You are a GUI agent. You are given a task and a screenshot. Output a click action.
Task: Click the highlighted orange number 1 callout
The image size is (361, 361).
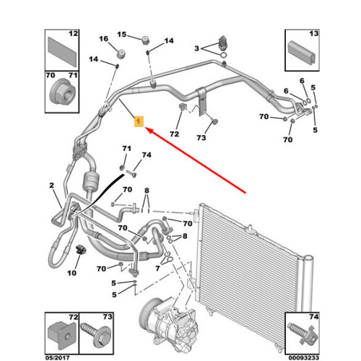click(139, 121)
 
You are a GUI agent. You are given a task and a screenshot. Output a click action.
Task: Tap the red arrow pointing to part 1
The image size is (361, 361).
click(196, 160)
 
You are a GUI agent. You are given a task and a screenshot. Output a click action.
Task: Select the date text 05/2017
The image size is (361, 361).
click(57, 358)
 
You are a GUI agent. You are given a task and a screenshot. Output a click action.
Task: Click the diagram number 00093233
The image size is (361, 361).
click(304, 358)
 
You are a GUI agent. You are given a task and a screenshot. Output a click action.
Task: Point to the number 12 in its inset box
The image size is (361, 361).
click(74, 33)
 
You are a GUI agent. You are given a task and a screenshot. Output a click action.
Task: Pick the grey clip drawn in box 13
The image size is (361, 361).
click(303, 53)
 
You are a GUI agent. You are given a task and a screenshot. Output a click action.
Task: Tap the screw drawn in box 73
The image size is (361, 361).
click(96, 335)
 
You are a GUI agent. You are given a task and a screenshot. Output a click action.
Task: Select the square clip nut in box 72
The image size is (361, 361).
click(62, 334)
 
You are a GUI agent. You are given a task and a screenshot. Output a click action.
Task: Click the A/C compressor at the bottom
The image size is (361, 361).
click(168, 324)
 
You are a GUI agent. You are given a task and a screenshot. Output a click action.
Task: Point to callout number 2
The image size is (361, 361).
click(52, 186)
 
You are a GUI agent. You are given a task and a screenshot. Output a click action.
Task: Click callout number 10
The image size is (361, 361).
click(71, 273)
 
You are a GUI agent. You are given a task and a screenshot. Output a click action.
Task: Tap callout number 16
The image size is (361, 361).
click(104, 39)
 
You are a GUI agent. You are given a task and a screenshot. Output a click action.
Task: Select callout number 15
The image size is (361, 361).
click(122, 35)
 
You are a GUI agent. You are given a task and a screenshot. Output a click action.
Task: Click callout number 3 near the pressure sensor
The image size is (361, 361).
click(197, 48)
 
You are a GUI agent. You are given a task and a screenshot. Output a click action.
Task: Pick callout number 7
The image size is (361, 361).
click(157, 268)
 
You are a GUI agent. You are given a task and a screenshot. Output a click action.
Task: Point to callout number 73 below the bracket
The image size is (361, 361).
click(201, 138)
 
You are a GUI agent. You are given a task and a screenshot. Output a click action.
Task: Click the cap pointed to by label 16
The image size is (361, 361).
click(121, 54)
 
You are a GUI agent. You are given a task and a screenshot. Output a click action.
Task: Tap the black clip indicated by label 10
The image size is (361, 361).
click(80, 250)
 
